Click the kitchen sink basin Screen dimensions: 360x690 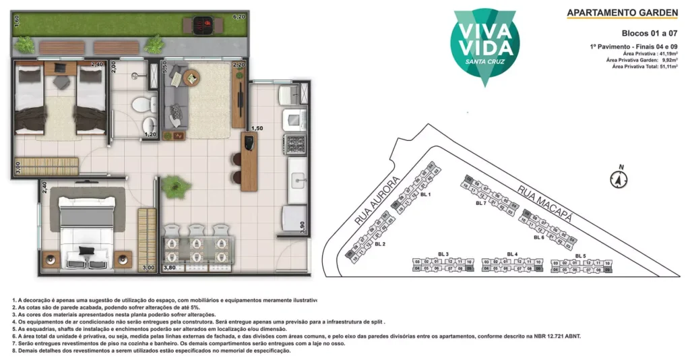point(298,180)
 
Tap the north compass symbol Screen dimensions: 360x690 point(619,179)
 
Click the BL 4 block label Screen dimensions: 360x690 point(512,254)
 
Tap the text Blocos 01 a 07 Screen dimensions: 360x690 point(649,32)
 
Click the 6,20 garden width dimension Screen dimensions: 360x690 point(239,16)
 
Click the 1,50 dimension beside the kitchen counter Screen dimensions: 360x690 point(256,128)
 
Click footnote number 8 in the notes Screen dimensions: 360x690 point(14,351)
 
